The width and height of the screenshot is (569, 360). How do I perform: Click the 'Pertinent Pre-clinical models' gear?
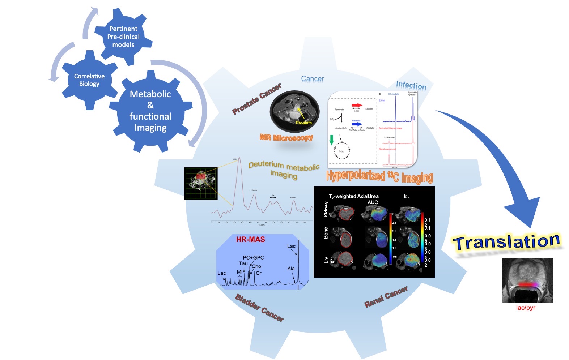123,37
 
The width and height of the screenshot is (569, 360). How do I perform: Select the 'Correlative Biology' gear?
89,80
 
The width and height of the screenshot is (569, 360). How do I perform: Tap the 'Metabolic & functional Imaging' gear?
150,111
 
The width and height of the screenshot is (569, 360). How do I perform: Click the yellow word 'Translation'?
506,241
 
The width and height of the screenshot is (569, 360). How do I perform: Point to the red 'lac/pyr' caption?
525,308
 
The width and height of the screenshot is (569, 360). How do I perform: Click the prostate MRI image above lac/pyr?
527,280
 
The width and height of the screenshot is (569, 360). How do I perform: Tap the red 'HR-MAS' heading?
250,239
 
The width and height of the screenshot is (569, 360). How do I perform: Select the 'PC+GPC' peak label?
253,257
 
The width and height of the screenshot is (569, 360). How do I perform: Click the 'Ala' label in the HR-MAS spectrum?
291,269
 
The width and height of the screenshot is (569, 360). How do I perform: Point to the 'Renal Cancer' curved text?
386,296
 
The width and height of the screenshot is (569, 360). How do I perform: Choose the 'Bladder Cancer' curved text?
259,308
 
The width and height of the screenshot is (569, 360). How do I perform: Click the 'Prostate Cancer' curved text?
256,99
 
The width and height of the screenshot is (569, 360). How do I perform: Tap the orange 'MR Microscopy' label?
286,138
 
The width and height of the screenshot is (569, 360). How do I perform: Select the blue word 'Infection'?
411,85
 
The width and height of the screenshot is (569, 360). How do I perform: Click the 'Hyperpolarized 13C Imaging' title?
379,176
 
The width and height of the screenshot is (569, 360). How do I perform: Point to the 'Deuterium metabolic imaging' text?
284,170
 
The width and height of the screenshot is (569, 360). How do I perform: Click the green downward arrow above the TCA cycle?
331,140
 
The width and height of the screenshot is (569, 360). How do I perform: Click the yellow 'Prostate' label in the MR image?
303,123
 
